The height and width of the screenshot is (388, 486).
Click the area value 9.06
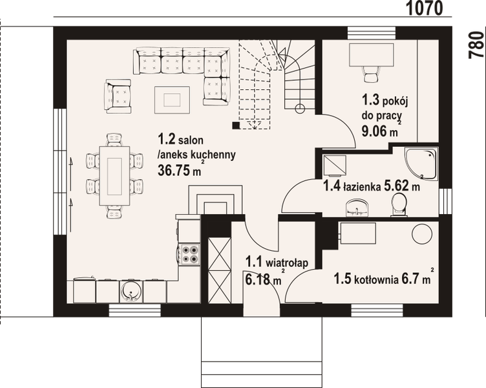pos(374,132)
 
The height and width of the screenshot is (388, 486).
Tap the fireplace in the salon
pos(214,200)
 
